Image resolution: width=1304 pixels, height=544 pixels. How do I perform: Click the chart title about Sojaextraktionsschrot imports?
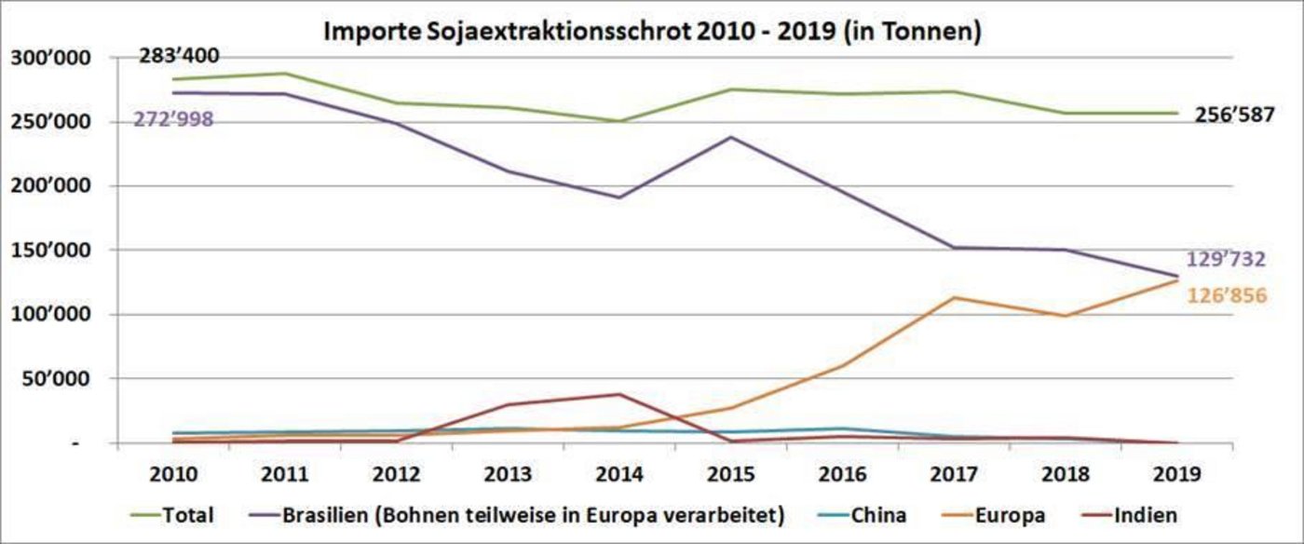coord(652,31)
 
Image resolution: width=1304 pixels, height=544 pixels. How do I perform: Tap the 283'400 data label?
coord(179,57)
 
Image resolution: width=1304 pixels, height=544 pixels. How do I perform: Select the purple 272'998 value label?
coord(174,119)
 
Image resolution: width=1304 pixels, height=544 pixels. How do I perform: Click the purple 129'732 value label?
coord(1226,260)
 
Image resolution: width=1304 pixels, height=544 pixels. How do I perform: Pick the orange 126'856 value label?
coord(1226,296)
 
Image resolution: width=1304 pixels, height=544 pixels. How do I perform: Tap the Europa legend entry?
coord(1012,514)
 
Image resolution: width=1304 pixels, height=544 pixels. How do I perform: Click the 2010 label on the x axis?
coord(173,473)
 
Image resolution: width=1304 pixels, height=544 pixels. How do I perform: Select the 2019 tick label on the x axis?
coord(1176,473)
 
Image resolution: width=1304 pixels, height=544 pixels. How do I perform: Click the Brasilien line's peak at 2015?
coord(731,137)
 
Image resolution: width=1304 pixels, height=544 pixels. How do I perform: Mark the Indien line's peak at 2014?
coord(619,394)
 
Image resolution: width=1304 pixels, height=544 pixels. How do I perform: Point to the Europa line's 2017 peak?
coord(954,298)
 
